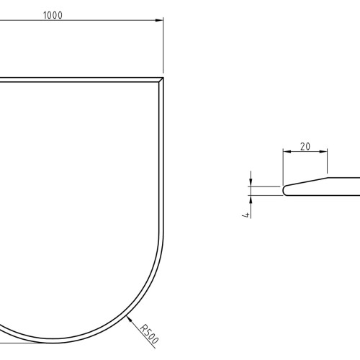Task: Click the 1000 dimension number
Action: (x=53, y=15)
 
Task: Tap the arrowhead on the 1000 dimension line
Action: (x=159, y=20)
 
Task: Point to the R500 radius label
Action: (x=149, y=334)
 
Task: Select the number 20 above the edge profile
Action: (x=305, y=146)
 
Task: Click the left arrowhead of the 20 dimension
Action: (x=287, y=151)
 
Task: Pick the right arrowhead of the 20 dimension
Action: (x=323, y=151)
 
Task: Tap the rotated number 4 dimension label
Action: (x=246, y=215)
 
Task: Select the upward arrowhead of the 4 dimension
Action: (x=251, y=199)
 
